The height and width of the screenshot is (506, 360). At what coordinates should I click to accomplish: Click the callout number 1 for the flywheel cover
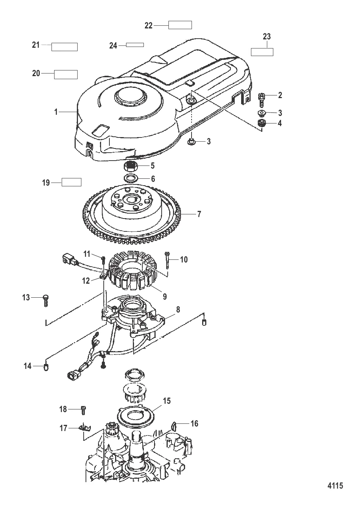[x=56, y=112]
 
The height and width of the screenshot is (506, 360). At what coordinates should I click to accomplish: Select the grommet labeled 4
[x=261, y=123]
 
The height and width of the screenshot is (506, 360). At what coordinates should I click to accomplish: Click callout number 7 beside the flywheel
[x=199, y=214]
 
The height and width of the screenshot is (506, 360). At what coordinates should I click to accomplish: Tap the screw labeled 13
[x=46, y=301]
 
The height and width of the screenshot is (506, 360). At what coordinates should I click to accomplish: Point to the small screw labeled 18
[x=83, y=409]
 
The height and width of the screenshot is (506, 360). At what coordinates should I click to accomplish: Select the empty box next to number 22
[x=180, y=25]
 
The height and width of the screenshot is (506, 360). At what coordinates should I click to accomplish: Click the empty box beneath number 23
[x=262, y=52]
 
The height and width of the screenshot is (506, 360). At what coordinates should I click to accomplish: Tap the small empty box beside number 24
[x=135, y=45]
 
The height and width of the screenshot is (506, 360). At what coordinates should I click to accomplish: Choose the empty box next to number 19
[x=72, y=182]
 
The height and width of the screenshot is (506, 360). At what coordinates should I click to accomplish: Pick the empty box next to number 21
[x=65, y=47]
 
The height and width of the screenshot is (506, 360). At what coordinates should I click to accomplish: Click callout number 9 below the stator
[x=165, y=297]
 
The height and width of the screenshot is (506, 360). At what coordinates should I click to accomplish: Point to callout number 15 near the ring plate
[x=167, y=401]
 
